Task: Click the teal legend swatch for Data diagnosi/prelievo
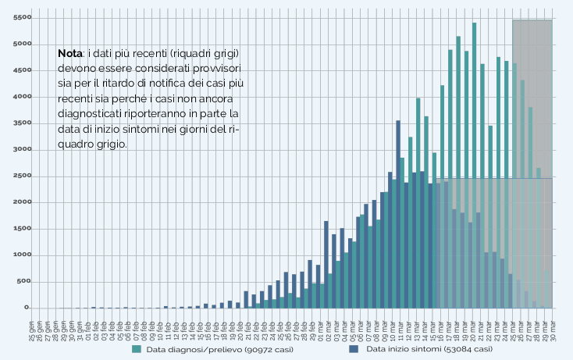(x=137, y=350)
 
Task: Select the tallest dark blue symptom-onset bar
(x=398, y=214)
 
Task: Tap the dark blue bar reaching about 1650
(x=326, y=265)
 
